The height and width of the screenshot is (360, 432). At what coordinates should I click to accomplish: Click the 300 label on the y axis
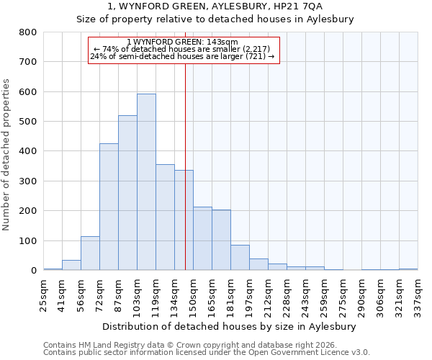(x=28, y=181)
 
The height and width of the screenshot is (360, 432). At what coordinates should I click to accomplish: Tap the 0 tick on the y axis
(x=34, y=271)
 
